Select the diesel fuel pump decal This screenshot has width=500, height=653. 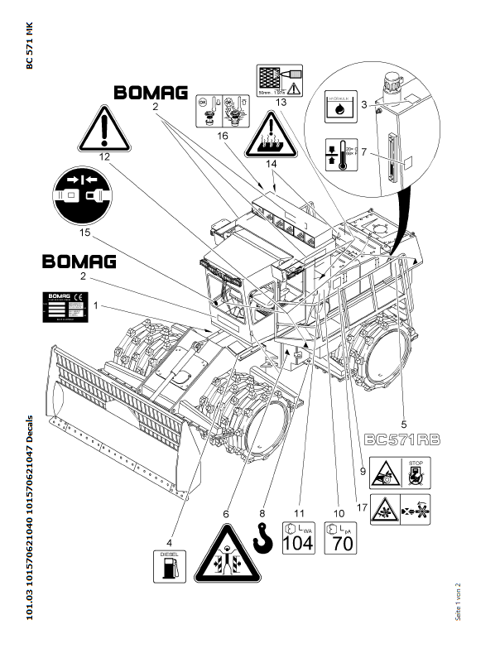(170, 566)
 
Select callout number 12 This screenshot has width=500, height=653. (103, 156)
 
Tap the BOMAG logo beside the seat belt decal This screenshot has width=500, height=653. (79, 262)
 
